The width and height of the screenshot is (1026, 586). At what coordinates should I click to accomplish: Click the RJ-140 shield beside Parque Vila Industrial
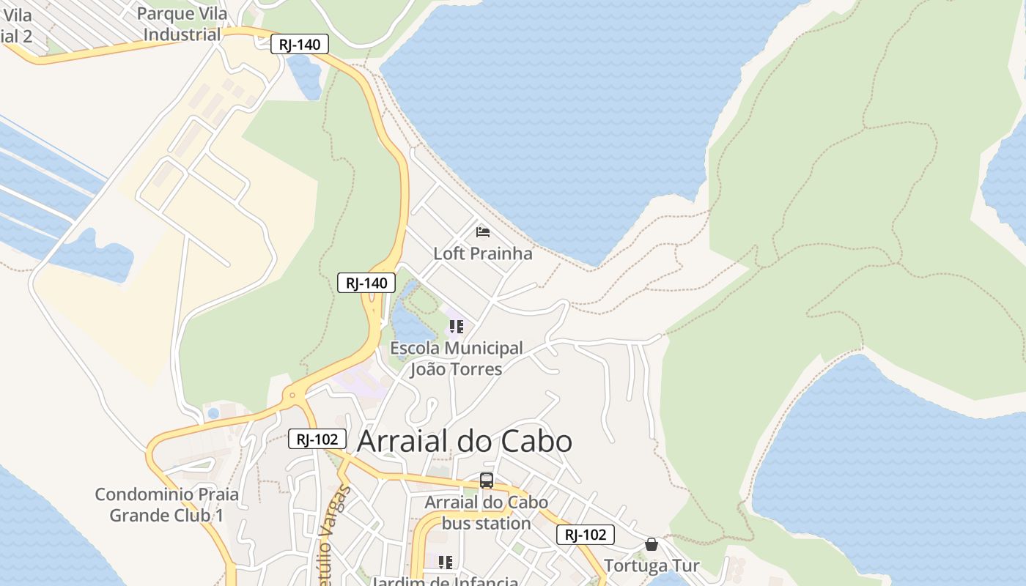pos(299,44)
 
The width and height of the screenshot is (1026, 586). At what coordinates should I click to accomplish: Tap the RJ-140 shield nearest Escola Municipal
pos(366,283)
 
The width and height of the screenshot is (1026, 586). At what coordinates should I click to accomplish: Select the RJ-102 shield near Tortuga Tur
pos(586,535)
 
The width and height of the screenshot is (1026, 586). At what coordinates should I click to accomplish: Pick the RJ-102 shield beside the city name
pos(317,439)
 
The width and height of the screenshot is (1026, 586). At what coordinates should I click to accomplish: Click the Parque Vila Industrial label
pos(182,24)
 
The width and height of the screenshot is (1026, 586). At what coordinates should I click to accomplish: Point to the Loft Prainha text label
pos(482,253)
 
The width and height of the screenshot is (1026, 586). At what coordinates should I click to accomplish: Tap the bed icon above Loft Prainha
pos(482,232)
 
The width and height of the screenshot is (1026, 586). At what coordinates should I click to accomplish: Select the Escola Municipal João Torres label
pos(456,358)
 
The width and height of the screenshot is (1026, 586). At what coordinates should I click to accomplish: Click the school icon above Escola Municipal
pos(456,327)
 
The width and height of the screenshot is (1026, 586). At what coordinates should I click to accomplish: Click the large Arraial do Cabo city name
pos(464,442)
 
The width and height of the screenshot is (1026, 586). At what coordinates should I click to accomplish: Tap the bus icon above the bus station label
pos(486,481)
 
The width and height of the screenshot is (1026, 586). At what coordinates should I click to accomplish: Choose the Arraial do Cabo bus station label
pos(486,513)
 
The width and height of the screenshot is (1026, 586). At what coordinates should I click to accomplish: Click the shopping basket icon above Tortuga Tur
pos(651,544)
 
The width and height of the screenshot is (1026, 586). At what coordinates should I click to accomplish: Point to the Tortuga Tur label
pos(651,565)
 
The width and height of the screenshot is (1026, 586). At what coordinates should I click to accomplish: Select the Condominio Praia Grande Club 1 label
pos(167,505)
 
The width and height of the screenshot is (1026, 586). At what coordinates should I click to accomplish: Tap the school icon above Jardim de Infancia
pos(445,563)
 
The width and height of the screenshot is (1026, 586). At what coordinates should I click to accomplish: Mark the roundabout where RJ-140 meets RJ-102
pos(292,396)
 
